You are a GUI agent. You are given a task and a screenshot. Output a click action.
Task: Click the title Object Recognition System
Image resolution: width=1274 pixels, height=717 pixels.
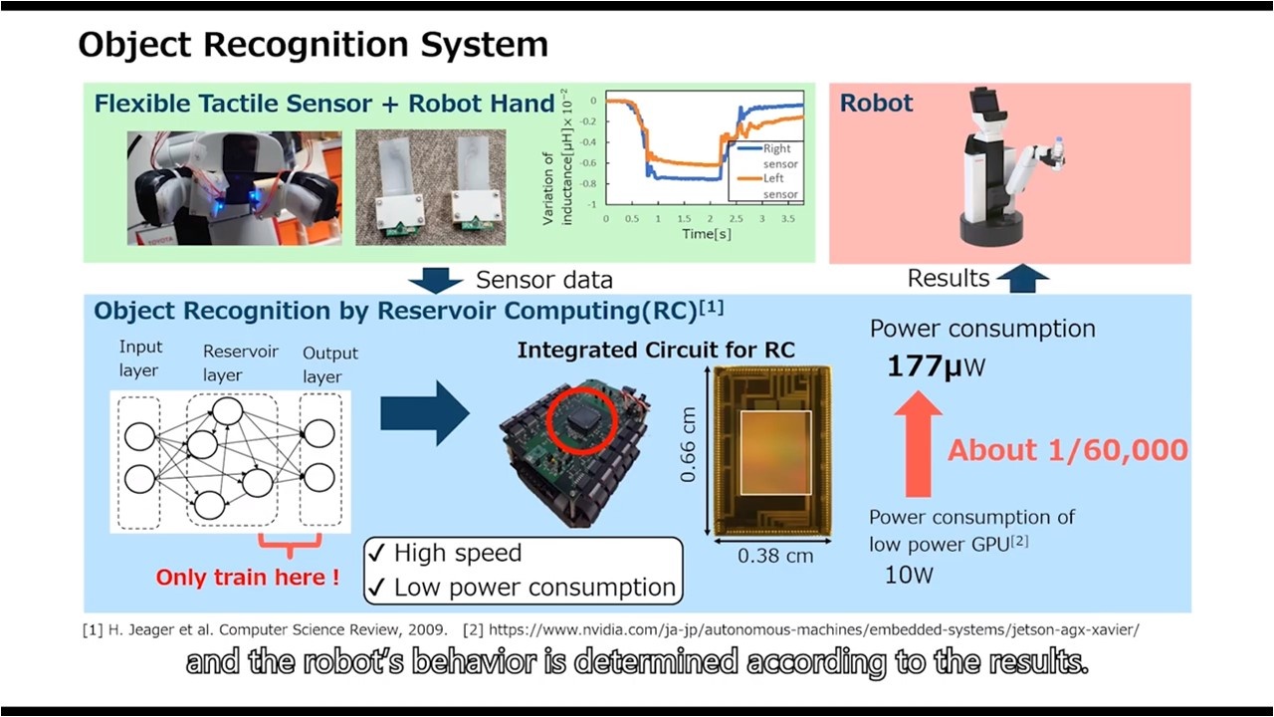click(x=313, y=45)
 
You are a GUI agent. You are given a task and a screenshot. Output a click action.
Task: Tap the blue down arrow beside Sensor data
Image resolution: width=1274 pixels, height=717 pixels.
click(x=436, y=280)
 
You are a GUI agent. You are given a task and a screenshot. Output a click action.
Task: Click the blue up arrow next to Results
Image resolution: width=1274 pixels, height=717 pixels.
click(x=1022, y=278)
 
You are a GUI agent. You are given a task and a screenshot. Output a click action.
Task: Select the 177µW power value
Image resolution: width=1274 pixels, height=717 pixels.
click(x=936, y=365)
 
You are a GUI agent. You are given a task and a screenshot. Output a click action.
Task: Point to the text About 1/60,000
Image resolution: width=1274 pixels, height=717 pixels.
click(x=1068, y=450)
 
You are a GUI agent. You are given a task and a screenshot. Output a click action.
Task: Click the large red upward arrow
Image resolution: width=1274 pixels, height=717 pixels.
click(x=918, y=444)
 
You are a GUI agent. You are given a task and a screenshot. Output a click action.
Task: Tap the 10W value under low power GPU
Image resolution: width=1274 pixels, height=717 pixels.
click(x=909, y=575)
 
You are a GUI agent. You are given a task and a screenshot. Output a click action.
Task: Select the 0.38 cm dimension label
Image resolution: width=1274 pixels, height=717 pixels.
click(x=775, y=556)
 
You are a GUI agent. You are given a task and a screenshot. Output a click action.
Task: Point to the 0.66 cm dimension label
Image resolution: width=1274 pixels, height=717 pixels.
click(x=688, y=444)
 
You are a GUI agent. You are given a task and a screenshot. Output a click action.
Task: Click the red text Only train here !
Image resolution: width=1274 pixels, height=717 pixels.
click(x=248, y=577)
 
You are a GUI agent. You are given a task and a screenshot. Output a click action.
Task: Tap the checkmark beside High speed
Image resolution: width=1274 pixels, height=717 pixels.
click(x=377, y=553)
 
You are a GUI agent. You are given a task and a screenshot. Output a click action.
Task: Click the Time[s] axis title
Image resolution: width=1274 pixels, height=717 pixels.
click(x=707, y=234)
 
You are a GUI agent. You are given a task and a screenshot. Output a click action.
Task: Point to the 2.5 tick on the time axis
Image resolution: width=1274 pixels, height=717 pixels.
click(x=736, y=218)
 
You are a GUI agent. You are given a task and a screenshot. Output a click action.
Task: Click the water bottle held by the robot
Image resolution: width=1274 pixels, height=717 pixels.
click(x=1057, y=152)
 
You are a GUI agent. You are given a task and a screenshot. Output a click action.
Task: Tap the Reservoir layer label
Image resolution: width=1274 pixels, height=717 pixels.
click(x=240, y=363)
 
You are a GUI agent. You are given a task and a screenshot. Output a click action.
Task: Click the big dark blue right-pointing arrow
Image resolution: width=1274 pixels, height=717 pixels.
click(x=425, y=413)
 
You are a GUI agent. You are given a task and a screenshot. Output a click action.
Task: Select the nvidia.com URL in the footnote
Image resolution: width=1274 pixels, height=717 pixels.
click(x=814, y=630)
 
